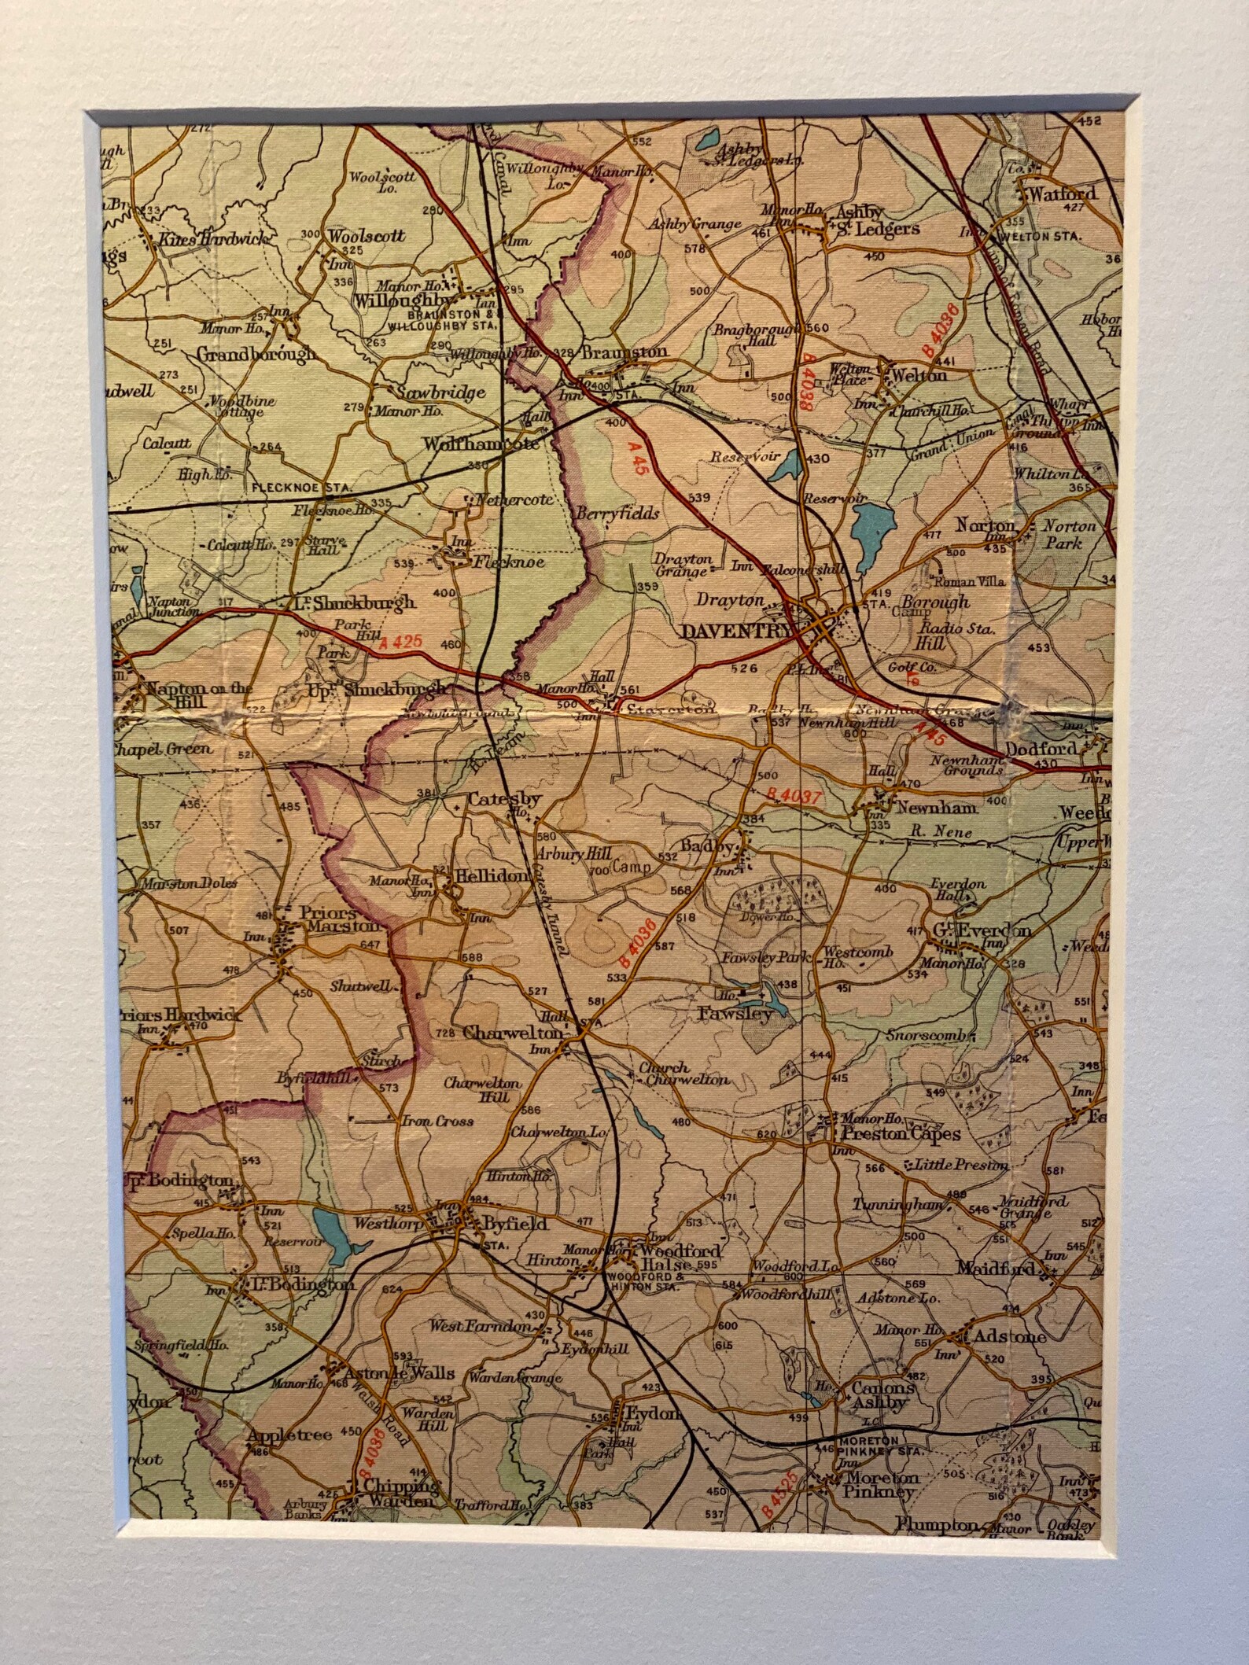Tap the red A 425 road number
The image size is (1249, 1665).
(x=401, y=641)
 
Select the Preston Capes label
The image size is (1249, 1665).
(x=901, y=1133)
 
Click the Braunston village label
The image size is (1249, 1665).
(x=625, y=352)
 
